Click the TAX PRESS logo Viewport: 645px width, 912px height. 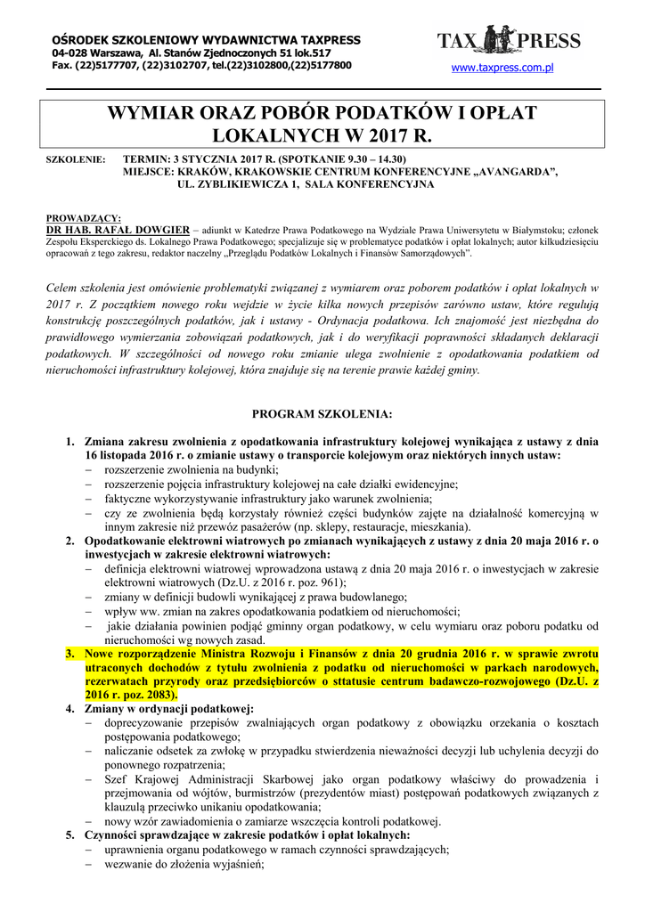509,41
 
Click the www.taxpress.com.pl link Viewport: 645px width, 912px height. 503,68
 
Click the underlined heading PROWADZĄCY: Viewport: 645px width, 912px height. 83,217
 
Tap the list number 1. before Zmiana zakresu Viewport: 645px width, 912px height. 70,442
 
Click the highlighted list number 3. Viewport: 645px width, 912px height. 70,655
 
